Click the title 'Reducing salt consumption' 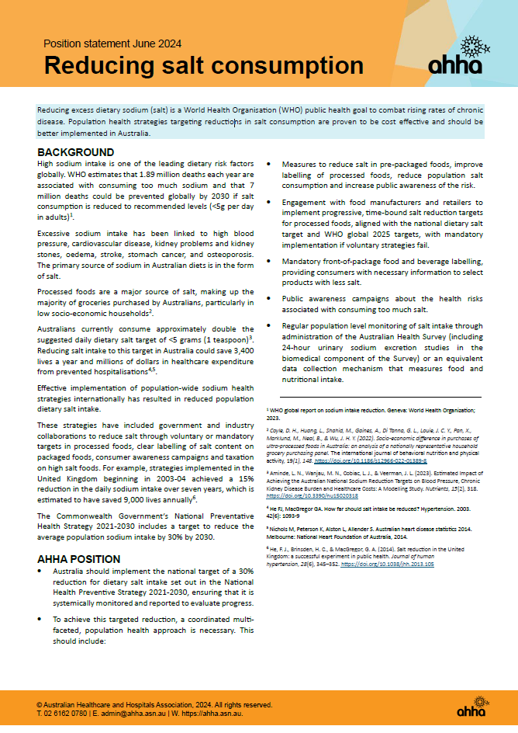click(x=203, y=65)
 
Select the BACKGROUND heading click(x=76, y=152)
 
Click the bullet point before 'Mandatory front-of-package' click(x=268, y=261)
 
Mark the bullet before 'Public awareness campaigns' click(x=268, y=297)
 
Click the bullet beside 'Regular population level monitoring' click(x=268, y=327)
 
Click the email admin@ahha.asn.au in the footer click(x=123, y=712)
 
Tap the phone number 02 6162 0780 click(x=66, y=712)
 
